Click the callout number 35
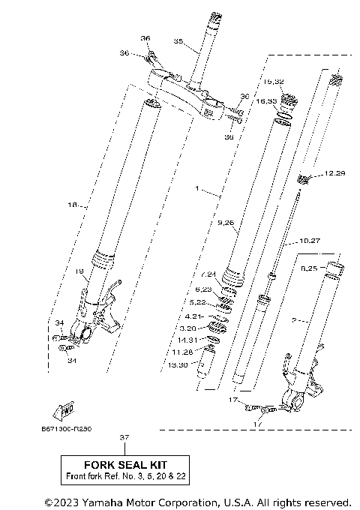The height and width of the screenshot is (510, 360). [178, 40]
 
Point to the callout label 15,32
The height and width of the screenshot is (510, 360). [273, 81]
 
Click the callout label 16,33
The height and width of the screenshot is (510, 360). [267, 100]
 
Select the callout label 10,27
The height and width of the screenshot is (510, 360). [310, 241]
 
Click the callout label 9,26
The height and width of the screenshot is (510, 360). [226, 222]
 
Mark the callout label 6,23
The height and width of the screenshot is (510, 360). [203, 288]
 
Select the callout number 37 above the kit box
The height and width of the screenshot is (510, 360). [124, 436]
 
